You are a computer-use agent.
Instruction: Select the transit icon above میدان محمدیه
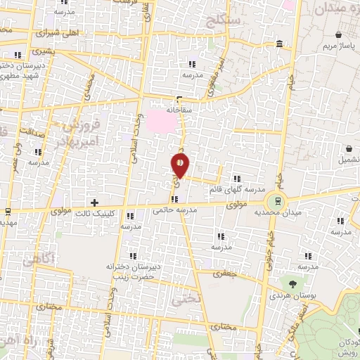coord(279,200)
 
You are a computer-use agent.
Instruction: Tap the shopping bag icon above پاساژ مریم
coord(339,34)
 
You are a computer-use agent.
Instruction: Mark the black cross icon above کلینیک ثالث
coord(95,202)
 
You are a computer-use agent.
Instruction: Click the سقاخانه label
coord(180,110)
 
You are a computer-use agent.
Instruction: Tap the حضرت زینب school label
coord(127,278)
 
